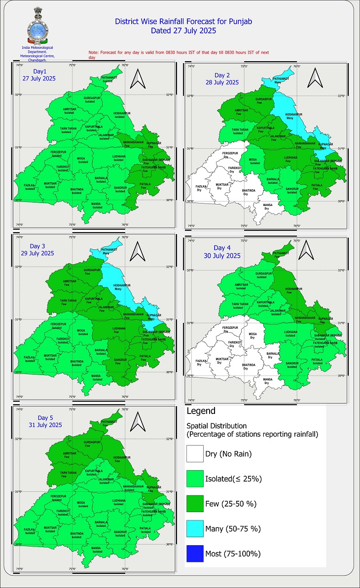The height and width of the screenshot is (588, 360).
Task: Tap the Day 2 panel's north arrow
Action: click(313, 78)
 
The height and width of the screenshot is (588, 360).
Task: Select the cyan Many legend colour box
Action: click(195, 528)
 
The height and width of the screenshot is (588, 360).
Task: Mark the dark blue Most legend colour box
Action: click(195, 553)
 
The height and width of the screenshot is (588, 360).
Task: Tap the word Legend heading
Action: click(201, 411)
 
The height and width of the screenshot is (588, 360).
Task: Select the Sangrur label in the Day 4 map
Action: click(292, 365)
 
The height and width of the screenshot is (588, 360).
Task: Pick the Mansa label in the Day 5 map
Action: click(97, 549)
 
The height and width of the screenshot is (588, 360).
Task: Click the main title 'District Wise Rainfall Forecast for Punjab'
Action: click(183, 22)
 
